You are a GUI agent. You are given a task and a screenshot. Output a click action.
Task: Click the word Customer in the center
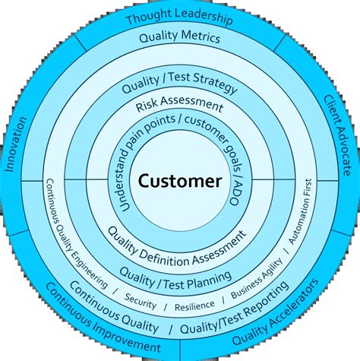point(179,181)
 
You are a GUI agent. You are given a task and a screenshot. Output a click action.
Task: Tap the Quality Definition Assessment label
point(177,246)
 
